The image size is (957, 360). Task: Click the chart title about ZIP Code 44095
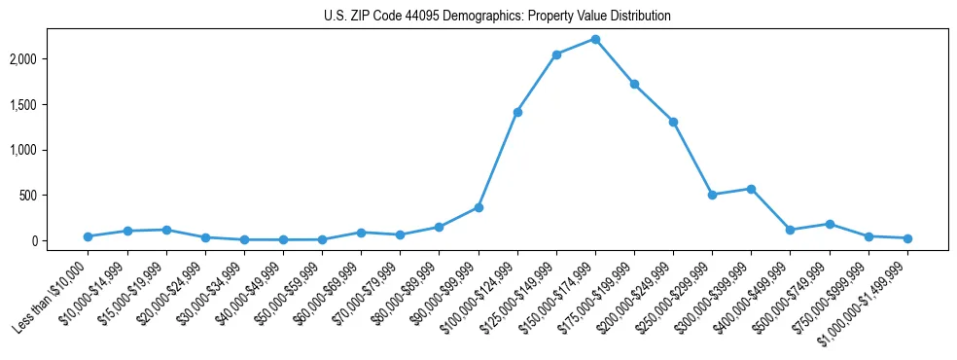click(497, 17)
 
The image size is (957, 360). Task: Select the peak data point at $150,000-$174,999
click(595, 39)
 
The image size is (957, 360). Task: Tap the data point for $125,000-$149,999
click(556, 54)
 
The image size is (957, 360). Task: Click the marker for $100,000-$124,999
click(517, 112)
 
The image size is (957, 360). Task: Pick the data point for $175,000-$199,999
click(634, 84)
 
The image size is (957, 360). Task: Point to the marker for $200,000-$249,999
click(673, 122)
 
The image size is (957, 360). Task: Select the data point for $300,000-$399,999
click(751, 189)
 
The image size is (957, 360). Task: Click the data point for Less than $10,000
click(89, 236)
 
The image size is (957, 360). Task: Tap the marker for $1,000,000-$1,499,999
click(907, 238)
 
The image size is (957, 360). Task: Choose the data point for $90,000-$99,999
click(478, 207)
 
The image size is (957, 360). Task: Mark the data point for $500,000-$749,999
click(830, 224)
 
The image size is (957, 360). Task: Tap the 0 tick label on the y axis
click(60, 241)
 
